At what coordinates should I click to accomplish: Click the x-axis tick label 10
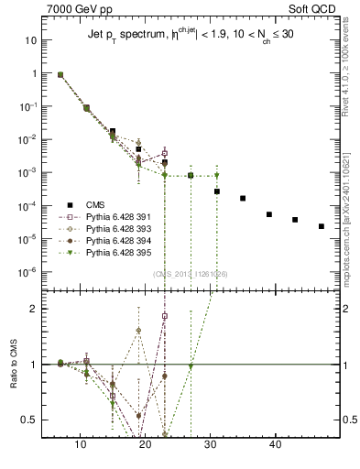click(81, 444)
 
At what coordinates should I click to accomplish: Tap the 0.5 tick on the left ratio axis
click(33, 420)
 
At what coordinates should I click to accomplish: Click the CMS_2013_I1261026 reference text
click(191, 273)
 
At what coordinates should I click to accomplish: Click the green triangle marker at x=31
click(217, 175)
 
